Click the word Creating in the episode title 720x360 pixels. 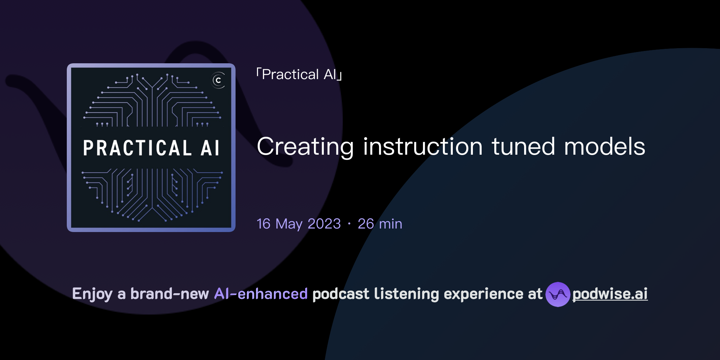coord(305,147)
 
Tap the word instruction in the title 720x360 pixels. coord(423,147)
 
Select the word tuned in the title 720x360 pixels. coord(523,147)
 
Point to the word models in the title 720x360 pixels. coord(605,147)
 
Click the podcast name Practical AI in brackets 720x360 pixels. coord(299,75)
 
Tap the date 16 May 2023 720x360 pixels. coord(298,224)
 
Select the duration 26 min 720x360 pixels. coord(380,224)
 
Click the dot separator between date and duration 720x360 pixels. coord(349,224)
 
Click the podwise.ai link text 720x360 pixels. coord(610,294)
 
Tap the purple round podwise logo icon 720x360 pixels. coord(558,294)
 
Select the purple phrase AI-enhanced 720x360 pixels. coord(261,294)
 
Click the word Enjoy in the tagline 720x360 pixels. coord(92,294)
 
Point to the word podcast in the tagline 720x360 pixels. coord(341,294)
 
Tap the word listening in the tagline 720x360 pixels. coord(406,294)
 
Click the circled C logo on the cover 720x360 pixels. coord(218,80)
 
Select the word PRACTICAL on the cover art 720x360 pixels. coord(137,148)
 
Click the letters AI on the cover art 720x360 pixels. coord(210,148)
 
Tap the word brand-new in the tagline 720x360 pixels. coord(169,294)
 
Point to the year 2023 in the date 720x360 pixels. coord(324,224)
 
